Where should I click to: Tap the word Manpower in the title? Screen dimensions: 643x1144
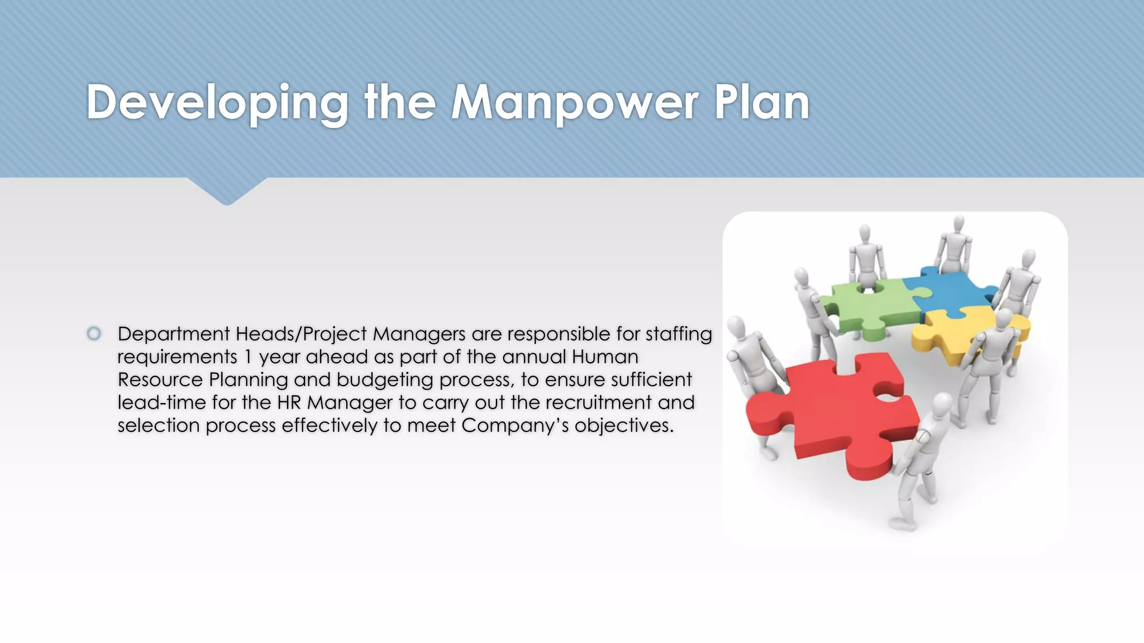(574, 103)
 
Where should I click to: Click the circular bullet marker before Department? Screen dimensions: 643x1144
(94, 334)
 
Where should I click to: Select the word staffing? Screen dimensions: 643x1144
(679, 334)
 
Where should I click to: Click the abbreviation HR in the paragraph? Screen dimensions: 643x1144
(289, 402)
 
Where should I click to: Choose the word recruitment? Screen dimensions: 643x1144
(598, 402)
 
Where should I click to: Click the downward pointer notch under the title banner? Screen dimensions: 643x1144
(227, 193)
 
